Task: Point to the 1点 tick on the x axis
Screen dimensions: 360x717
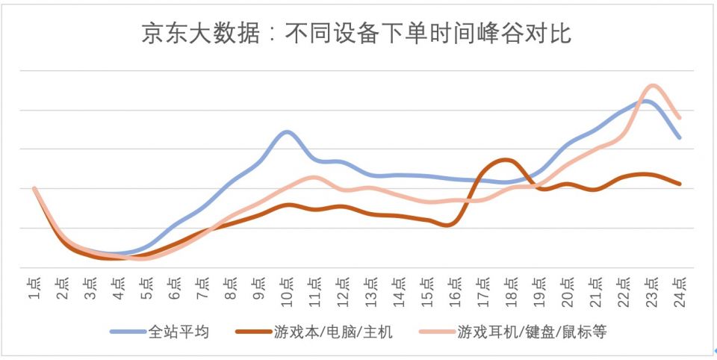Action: point(34,288)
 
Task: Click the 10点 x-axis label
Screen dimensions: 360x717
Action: point(286,289)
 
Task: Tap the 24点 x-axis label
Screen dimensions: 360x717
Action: point(679,289)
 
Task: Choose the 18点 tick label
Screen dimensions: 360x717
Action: point(510,289)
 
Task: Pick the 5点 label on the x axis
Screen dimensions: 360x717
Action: point(146,288)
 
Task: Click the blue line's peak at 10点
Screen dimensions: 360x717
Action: point(286,131)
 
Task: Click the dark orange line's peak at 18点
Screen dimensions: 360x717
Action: point(507,159)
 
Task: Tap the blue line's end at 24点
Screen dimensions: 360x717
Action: point(680,137)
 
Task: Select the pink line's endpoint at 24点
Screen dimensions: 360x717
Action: point(680,117)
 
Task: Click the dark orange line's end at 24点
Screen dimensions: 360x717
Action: point(680,183)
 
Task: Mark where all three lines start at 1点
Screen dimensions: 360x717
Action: point(34,189)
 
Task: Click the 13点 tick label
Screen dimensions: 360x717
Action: point(370,289)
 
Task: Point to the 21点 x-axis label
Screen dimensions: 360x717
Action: point(595,289)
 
